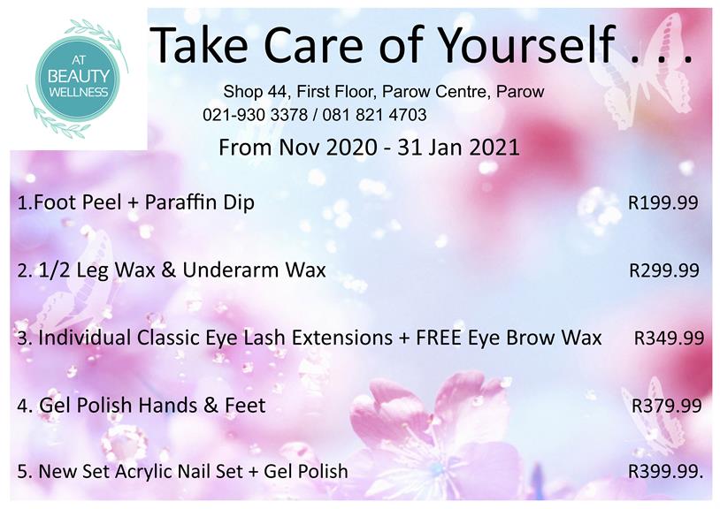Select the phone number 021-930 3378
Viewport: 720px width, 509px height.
coord(256,115)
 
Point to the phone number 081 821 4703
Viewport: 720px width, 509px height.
coord(374,115)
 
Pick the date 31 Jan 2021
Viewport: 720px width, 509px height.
coord(458,148)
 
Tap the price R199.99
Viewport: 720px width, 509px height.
coord(663,202)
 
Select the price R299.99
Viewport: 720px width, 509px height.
coord(664,270)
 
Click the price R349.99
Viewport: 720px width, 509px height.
coord(669,338)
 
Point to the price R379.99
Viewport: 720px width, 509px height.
coord(667,406)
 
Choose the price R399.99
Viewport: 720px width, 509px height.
coord(665,471)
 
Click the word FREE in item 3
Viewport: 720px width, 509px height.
coord(439,338)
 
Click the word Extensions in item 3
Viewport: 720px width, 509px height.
coord(342,338)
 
